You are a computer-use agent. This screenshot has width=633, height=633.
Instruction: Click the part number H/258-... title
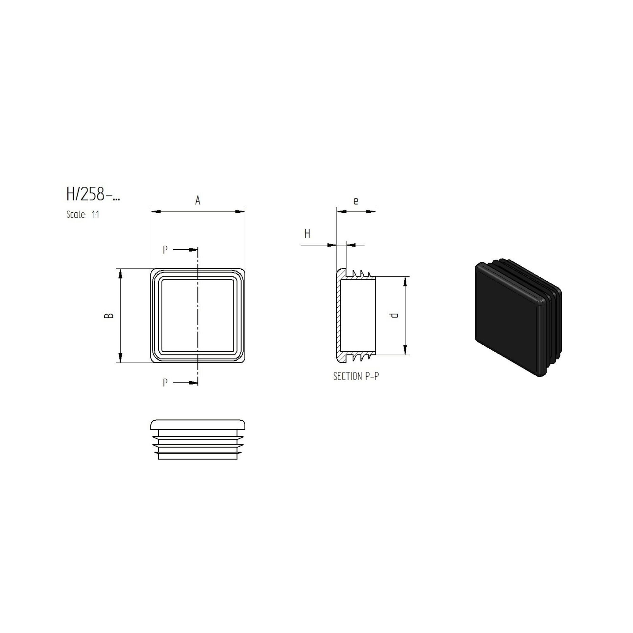(x=93, y=194)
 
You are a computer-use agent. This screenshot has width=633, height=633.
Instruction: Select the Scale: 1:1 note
(x=83, y=215)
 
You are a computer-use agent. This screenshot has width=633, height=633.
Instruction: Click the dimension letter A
(x=197, y=201)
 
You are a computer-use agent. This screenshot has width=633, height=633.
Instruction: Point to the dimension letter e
(x=356, y=201)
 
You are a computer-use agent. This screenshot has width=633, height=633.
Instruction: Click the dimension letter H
(x=307, y=234)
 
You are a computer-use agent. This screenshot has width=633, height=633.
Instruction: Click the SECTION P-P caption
(x=356, y=376)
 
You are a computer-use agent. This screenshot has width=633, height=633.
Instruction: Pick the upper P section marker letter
(x=165, y=250)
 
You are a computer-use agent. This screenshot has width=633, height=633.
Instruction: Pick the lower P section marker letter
(x=165, y=383)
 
